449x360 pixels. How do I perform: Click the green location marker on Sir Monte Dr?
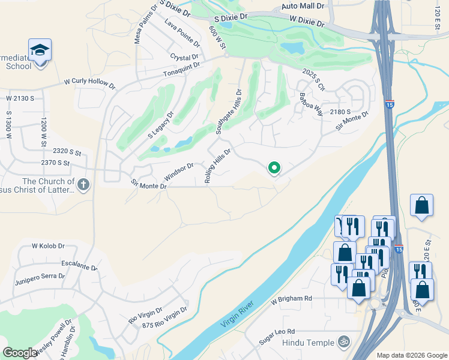click(x=274, y=168)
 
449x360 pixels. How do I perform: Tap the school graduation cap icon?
click(x=40, y=50)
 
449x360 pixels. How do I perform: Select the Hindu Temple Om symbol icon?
click(x=343, y=341)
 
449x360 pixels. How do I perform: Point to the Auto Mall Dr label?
click(x=303, y=6)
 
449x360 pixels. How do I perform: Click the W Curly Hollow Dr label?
click(x=89, y=83)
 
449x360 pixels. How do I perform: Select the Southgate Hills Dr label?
click(x=229, y=112)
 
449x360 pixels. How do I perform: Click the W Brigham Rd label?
click(x=292, y=298)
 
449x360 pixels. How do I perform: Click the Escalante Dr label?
click(x=79, y=265)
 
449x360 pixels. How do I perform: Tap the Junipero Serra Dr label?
click(x=40, y=276)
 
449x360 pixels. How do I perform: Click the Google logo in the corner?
click(x=20, y=353)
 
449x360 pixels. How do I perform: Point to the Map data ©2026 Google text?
click(x=411, y=355)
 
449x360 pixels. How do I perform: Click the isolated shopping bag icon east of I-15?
click(x=421, y=205)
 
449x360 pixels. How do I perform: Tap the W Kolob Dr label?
click(x=48, y=246)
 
